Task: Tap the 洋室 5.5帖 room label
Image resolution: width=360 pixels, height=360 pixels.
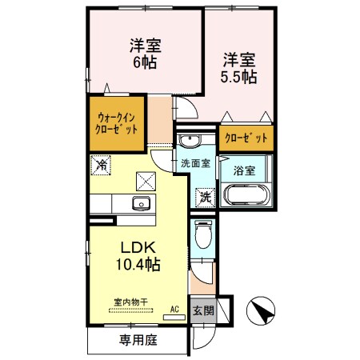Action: pyautogui.click(x=238, y=68)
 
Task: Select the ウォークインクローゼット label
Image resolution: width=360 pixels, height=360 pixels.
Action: pyautogui.click(x=113, y=121)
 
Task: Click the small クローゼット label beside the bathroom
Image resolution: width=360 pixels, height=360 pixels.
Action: pyautogui.click(x=245, y=136)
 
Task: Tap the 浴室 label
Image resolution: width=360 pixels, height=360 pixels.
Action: pyautogui.click(x=245, y=170)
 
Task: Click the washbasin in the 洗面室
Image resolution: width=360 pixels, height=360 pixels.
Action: pyautogui.click(x=189, y=142)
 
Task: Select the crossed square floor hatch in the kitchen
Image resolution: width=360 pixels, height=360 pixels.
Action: pyautogui.click(x=146, y=180)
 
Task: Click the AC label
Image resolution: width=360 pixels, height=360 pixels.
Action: pyautogui.click(x=174, y=308)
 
